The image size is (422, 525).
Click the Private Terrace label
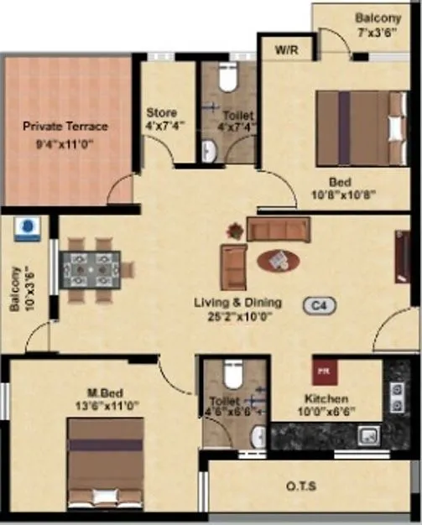[65, 127]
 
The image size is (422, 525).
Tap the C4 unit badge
[320, 307]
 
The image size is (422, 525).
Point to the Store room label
[161, 112]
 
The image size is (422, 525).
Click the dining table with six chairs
[91, 270]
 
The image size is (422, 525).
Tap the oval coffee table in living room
[278, 261]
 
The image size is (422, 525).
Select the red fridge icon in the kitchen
[321, 368]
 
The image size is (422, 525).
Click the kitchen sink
[367, 435]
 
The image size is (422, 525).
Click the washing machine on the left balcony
[28, 228]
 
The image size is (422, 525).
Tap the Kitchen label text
[326, 399]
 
